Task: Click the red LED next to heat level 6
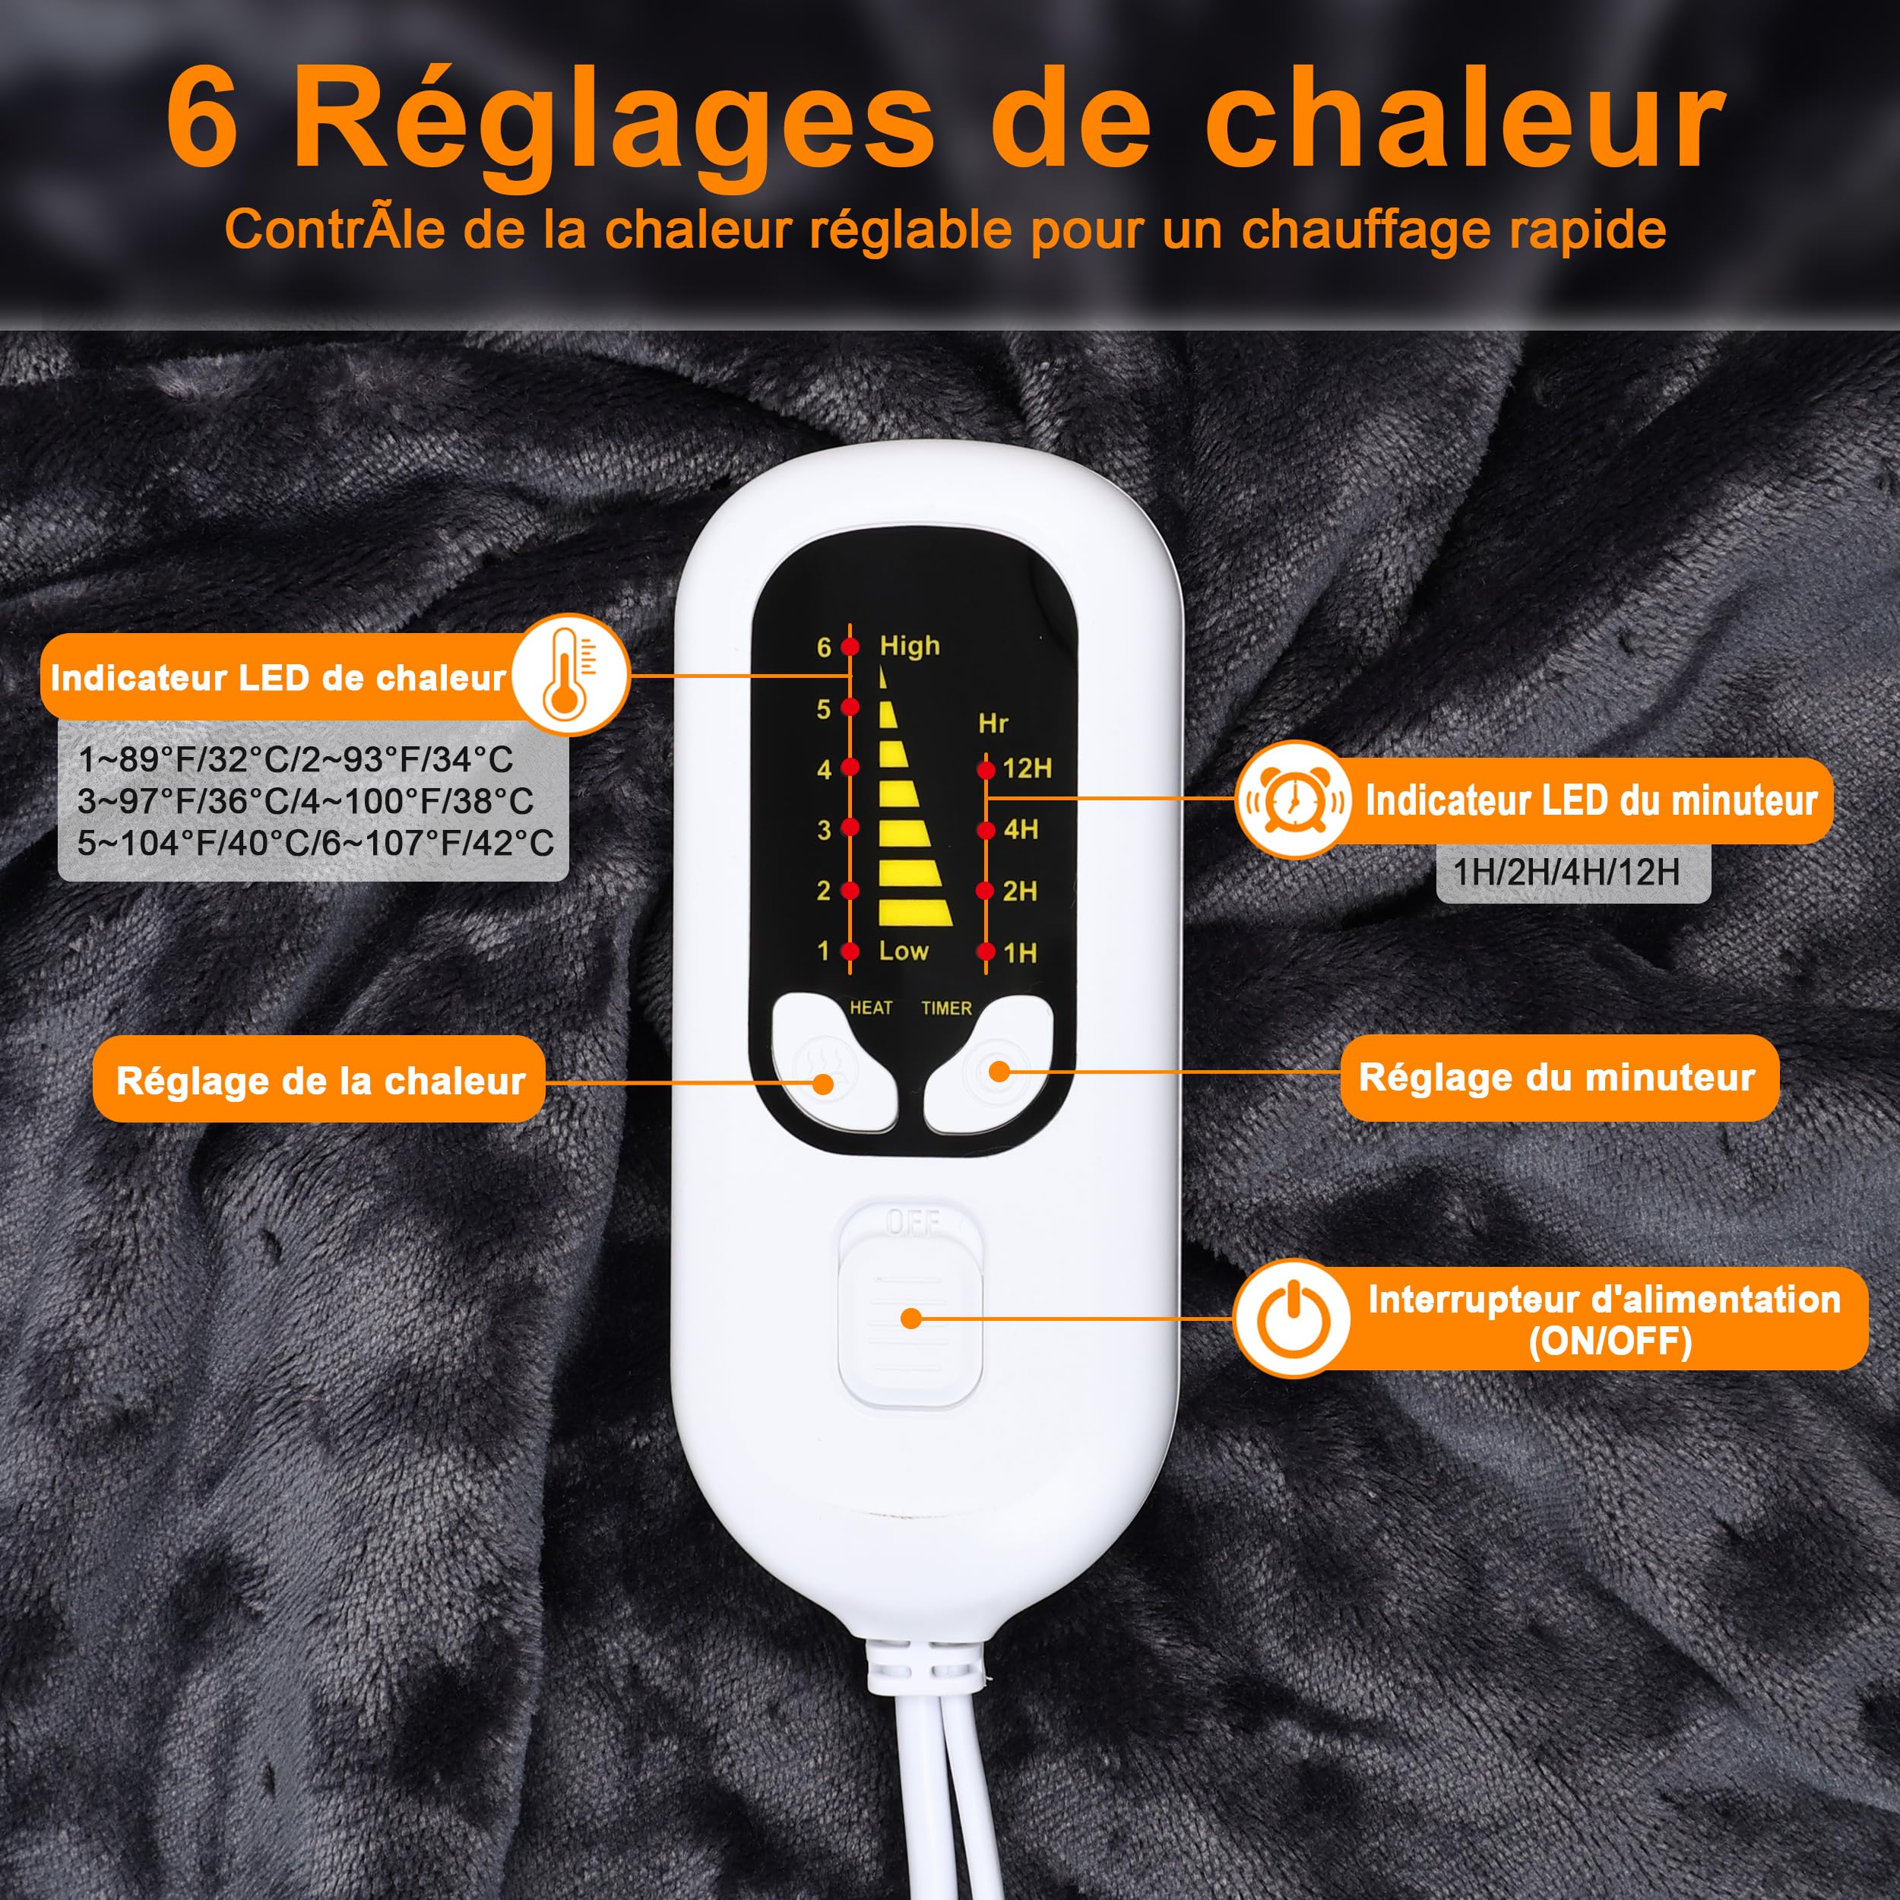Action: [x=850, y=647]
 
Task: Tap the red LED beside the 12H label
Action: [x=986, y=770]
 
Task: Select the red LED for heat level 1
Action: [x=850, y=952]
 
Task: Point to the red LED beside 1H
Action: [x=986, y=952]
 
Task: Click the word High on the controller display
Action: [x=910, y=647]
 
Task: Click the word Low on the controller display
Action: [x=904, y=951]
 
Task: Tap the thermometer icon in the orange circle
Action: [x=569, y=675]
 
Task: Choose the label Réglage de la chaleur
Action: [x=320, y=1081]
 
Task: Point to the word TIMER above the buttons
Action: [x=946, y=1008]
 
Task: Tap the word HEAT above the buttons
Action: [x=871, y=1008]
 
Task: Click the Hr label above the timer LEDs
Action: [x=993, y=724]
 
